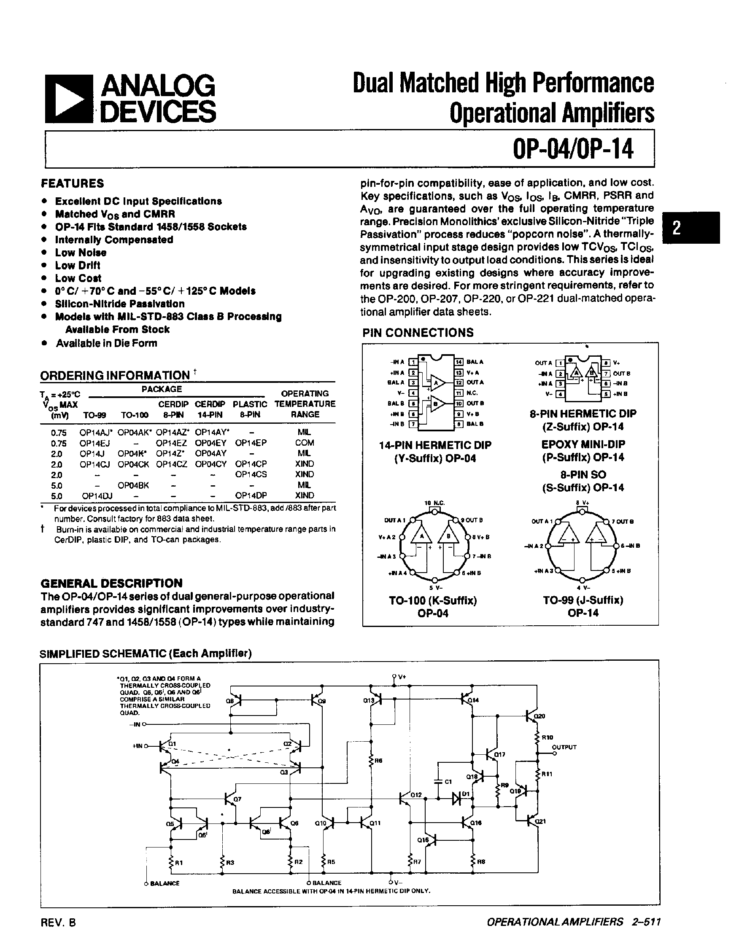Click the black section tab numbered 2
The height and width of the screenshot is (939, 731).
[691, 228]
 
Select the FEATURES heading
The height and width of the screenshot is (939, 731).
[72, 183]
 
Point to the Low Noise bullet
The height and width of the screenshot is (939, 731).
[81, 253]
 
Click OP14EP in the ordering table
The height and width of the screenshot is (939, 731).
[250, 443]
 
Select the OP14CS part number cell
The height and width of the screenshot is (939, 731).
[250, 474]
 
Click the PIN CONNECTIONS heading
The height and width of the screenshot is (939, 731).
[418, 332]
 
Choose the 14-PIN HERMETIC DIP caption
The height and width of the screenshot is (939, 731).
[435, 445]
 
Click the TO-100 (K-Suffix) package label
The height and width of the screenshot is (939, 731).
[433, 600]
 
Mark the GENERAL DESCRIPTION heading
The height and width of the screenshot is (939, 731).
[111, 583]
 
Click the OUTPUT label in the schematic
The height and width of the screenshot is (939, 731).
[564, 747]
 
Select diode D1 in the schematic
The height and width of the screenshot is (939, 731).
[457, 798]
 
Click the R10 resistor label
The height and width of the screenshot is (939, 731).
[547, 737]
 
